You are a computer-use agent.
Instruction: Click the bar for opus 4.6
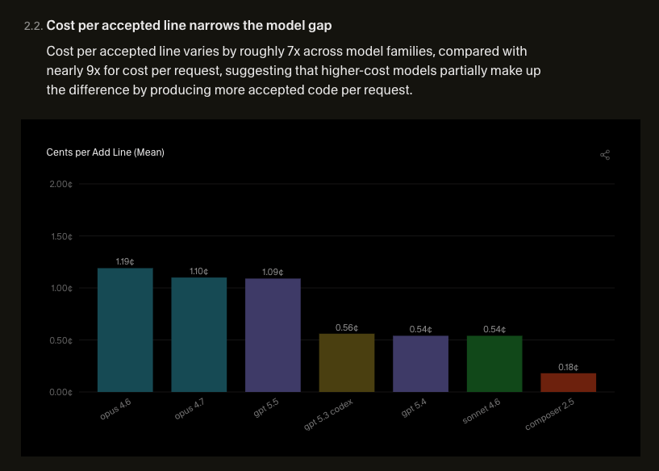pyautogui.click(x=125, y=330)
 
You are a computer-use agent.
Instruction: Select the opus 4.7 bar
pyautogui.click(x=198, y=335)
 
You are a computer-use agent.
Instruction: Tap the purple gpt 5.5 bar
pyautogui.click(x=273, y=335)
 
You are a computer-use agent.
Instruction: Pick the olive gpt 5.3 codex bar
pyautogui.click(x=347, y=363)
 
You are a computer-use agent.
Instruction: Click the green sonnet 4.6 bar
pyautogui.click(x=494, y=364)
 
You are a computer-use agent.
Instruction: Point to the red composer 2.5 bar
pyautogui.click(x=568, y=382)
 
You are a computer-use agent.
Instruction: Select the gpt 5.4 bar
pyautogui.click(x=421, y=364)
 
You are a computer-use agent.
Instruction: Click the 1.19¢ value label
pyautogui.click(x=125, y=262)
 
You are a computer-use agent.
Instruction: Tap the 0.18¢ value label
pyautogui.click(x=568, y=367)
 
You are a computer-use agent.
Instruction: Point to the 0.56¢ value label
pyautogui.click(x=347, y=327)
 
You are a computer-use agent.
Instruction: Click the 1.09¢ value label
pyautogui.click(x=273, y=273)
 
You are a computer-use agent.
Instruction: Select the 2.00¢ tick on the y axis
pyautogui.click(x=61, y=184)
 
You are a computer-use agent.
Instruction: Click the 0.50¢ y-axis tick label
pyautogui.click(x=61, y=340)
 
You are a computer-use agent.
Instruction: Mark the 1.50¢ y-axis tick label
pyautogui.click(x=61, y=236)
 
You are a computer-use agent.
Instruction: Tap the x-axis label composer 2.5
pyautogui.click(x=550, y=415)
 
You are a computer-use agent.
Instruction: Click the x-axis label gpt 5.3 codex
pyautogui.click(x=328, y=415)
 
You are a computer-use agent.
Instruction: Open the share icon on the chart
pyautogui.click(x=605, y=155)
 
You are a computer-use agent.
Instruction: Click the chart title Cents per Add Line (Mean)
pyautogui.click(x=105, y=152)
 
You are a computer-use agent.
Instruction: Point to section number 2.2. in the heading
pyautogui.click(x=34, y=26)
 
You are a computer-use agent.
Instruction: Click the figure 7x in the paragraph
pyautogui.click(x=294, y=52)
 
